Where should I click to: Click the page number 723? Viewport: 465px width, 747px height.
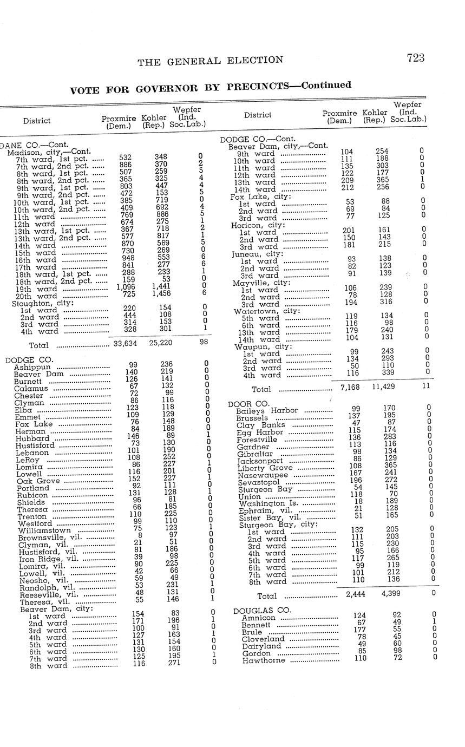[415, 58]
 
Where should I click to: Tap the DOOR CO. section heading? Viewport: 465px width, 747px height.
[248, 404]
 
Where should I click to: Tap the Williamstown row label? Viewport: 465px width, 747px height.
[44, 530]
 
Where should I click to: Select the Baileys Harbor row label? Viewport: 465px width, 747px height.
[267, 410]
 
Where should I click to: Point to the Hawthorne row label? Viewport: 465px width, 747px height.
[264, 660]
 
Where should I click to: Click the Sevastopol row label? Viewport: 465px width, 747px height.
[259, 482]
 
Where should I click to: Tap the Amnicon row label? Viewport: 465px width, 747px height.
[258, 618]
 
